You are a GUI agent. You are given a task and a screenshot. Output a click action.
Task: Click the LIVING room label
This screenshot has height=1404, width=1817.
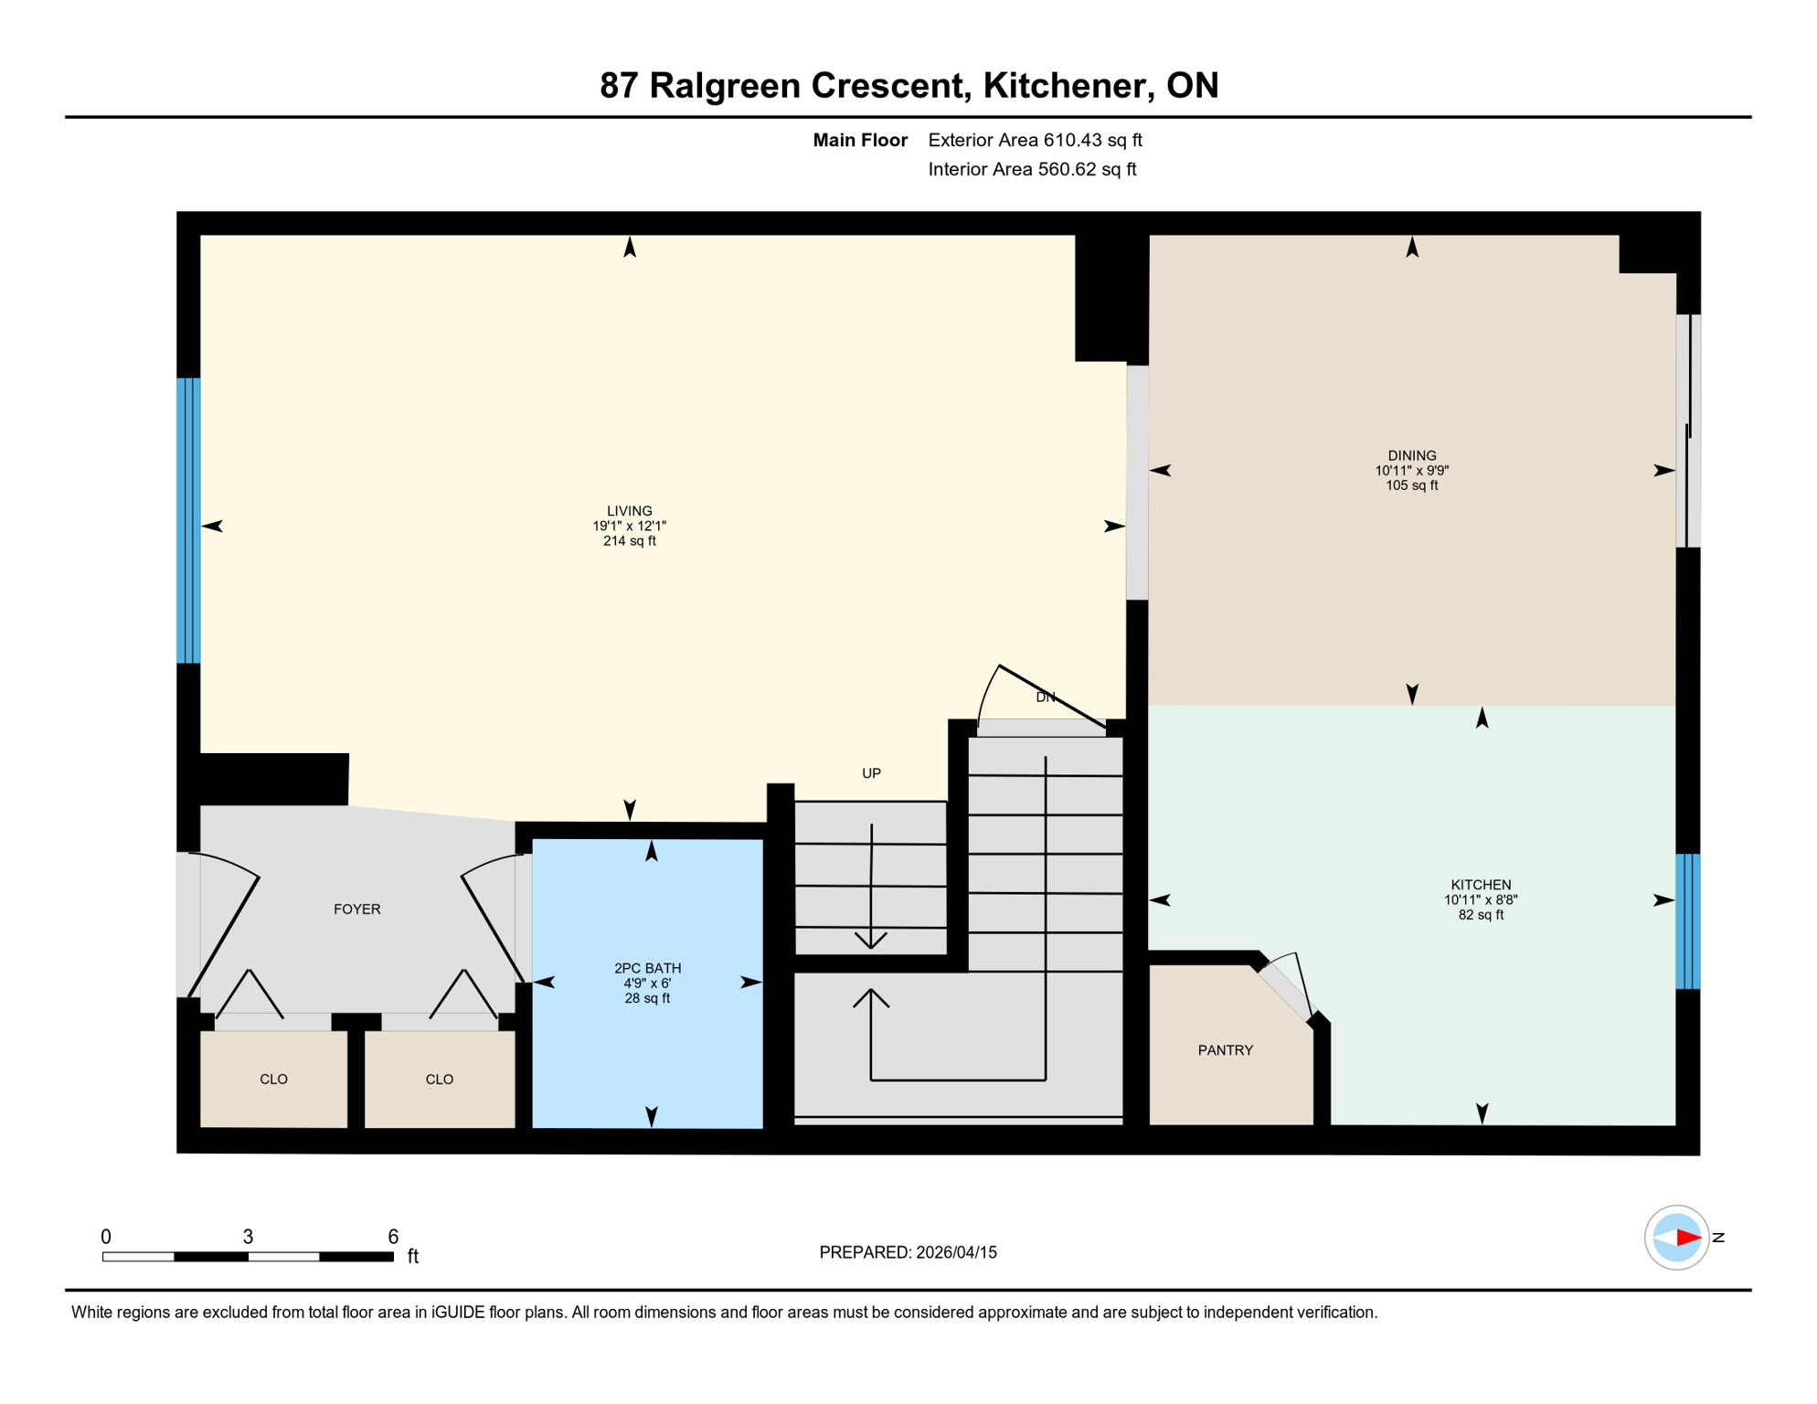[629, 511]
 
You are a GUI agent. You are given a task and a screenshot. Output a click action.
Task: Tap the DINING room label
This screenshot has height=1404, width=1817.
[1411, 455]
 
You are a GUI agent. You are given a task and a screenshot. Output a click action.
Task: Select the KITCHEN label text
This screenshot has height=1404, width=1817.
[1480, 885]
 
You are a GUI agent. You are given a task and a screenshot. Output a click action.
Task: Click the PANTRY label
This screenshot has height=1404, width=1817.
[1225, 1050]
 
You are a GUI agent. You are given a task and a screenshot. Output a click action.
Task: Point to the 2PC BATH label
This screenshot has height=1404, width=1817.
[647, 968]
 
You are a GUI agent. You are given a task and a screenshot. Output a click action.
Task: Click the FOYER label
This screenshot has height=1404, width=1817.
[356, 909]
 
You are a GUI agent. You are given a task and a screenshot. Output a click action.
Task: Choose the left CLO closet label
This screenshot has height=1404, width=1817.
[273, 1080]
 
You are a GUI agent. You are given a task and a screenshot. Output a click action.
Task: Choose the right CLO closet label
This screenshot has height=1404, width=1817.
[439, 1080]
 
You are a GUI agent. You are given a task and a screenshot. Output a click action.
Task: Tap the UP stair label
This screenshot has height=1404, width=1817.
[871, 773]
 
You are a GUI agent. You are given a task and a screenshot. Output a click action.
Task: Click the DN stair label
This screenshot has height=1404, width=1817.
[1045, 697]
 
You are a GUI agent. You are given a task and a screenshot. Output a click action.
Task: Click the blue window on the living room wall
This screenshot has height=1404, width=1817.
[188, 520]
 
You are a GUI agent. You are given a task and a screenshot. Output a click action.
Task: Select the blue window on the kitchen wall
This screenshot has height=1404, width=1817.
[1686, 921]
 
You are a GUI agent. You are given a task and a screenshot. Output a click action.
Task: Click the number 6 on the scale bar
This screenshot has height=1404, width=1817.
[393, 1237]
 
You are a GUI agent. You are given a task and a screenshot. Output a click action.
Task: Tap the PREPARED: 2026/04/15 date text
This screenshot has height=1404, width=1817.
[908, 1252]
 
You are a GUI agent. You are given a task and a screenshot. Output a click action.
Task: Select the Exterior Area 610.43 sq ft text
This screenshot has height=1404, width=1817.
[1035, 140]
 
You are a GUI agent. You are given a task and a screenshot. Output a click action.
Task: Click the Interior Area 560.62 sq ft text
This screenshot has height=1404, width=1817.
[1032, 169]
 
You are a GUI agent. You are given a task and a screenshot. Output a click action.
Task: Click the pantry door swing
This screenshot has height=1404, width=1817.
[1294, 987]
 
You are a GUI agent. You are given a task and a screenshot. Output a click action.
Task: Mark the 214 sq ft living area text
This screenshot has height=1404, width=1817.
[629, 541]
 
